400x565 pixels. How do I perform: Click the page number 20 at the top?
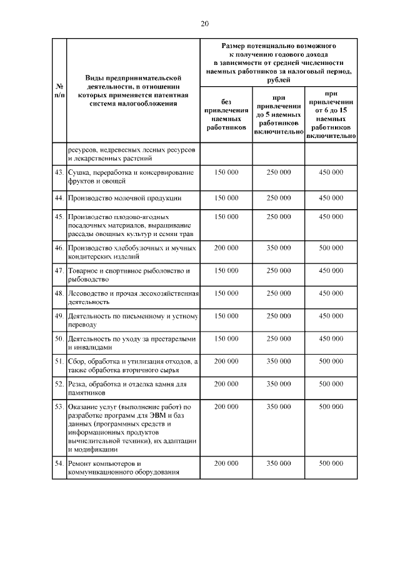[204, 24]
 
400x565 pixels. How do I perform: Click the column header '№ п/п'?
[59, 91]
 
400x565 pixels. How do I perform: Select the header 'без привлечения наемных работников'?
[226, 114]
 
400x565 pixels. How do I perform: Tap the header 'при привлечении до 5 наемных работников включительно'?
[278, 114]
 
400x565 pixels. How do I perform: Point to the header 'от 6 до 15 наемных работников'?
[331, 114]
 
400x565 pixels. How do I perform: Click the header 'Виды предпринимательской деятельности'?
[132, 91]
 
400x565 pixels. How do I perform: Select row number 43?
[59, 172]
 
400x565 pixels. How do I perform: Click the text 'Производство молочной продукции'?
[125, 198]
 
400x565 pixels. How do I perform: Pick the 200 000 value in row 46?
[226, 248]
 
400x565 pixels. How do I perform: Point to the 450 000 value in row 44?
[331, 198]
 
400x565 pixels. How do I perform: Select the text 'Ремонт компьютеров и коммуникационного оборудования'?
[124, 468]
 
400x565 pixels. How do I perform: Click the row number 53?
[59, 406]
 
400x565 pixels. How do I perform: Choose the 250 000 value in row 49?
[279, 316]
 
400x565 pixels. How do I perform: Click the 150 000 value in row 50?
[226, 338]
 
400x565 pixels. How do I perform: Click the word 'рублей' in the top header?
[278, 79]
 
